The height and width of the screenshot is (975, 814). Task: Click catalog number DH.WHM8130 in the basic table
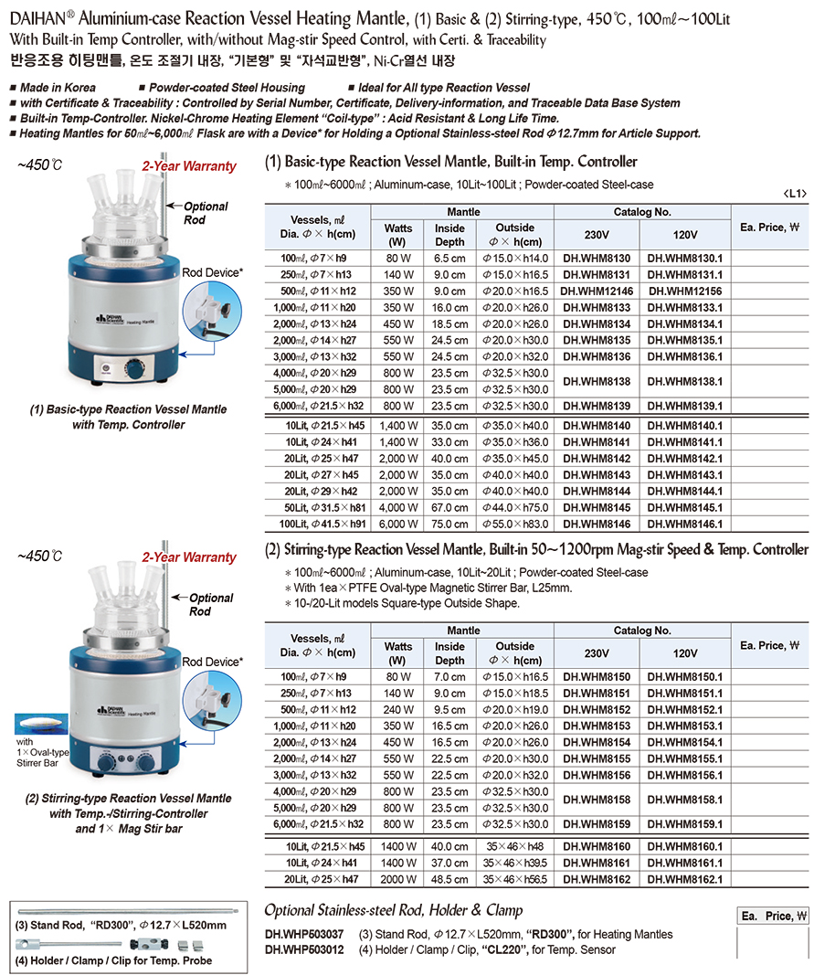click(x=597, y=260)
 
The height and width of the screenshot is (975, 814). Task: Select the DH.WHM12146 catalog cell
click(x=597, y=291)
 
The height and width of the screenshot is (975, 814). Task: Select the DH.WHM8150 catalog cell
click(x=597, y=677)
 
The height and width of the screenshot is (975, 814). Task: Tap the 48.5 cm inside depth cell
click(x=449, y=879)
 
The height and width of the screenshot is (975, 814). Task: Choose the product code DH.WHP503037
click(x=303, y=934)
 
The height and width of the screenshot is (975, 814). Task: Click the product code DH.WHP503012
click(x=303, y=949)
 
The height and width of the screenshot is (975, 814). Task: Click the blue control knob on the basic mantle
click(x=136, y=371)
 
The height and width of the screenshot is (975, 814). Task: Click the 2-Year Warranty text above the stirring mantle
click(x=188, y=556)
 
